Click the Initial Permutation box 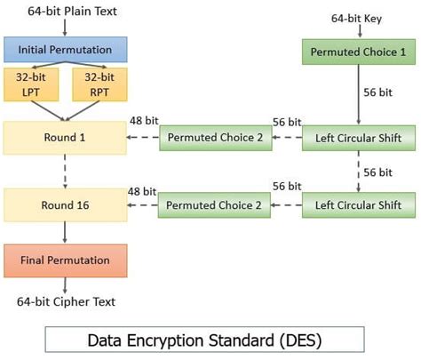click(x=66, y=49)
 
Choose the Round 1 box click(x=66, y=138)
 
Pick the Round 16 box click(x=66, y=205)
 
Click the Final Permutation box click(x=66, y=260)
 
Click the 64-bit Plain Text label click(x=66, y=10)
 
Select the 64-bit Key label click(x=357, y=18)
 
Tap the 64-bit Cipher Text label click(x=66, y=302)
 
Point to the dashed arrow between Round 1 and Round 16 click(x=66, y=171)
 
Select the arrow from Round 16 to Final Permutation click(x=66, y=232)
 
